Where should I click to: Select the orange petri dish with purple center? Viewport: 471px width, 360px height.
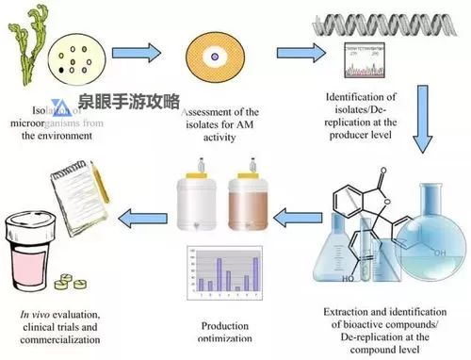(215, 56)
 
